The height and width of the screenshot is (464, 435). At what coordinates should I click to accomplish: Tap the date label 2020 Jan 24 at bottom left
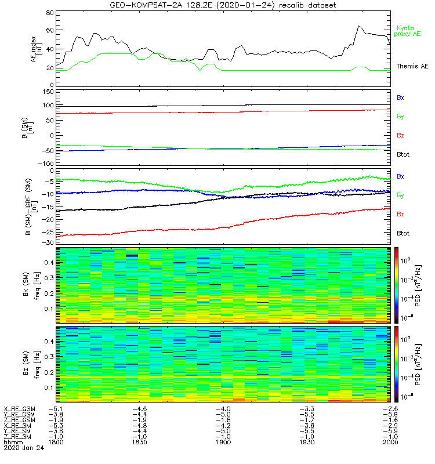[x=23, y=448]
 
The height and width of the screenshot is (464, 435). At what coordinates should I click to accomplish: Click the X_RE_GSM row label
[x=20, y=409]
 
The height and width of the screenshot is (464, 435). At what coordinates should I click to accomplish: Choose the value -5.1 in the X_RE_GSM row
[x=56, y=409]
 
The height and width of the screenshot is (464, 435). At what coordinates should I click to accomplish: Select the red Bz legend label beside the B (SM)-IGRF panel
[x=400, y=214]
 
